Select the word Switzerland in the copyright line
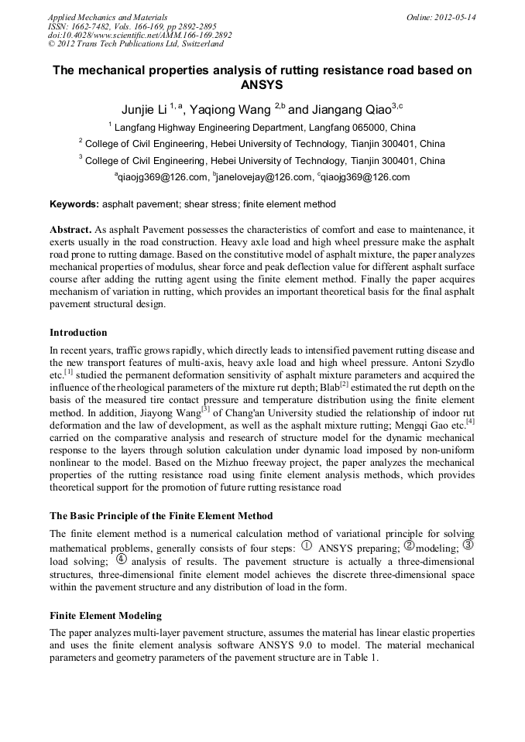(x=196, y=45)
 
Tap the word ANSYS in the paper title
(x=262, y=85)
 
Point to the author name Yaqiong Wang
(x=230, y=110)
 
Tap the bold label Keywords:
(x=74, y=204)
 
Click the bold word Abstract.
(x=70, y=231)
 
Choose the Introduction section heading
(x=78, y=333)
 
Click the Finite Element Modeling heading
(x=105, y=616)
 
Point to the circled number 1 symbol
(x=307, y=545)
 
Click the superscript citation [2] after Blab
(x=345, y=385)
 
